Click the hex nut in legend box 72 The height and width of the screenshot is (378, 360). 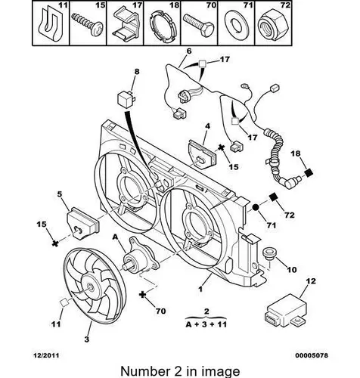[x=274, y=25]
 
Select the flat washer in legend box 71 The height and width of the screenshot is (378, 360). [x=237, y=25]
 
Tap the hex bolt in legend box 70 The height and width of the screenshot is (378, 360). [x=199, y=25]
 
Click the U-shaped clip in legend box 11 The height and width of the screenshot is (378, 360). [x=51, y=25]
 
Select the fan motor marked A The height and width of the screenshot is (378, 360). [x=138, y=259]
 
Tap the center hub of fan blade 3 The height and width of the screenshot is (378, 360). [x=90, y=287]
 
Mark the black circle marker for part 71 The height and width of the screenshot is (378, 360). [x=256, y=207]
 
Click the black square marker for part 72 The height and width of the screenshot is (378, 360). [x=273, y=197]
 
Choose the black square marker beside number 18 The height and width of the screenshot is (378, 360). [x=309, y=173]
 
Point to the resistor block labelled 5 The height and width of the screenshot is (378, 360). [x=82, y=222]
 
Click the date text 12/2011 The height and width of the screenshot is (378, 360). [x=46, y=355]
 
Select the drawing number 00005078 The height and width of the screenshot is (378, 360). [x=312, y=355]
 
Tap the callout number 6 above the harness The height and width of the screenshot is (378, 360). [x=189, y=51]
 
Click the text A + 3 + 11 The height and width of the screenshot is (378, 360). [x=206, y=324]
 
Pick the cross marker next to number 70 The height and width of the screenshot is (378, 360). [x=143, y=295]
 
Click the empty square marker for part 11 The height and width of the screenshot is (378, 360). [x=64, y=302]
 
